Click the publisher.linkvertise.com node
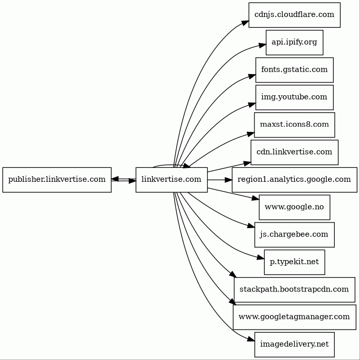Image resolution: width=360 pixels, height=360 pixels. [57, 180]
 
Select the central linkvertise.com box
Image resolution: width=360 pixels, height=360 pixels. [172, 180]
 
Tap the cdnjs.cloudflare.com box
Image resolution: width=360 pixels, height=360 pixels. [295, 15]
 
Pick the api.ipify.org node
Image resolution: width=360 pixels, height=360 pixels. [295, 42]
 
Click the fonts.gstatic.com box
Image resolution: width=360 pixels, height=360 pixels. [295, 70]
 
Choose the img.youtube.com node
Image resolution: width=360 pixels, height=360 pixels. [295, 97]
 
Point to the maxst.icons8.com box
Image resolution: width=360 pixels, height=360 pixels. [295, 125]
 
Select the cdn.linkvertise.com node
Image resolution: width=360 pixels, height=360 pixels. [295, 152]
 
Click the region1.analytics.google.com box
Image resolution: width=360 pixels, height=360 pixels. [295, 180]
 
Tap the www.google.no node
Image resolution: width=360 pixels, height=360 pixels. [295, 208]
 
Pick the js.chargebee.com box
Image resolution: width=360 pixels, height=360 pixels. [295, 235]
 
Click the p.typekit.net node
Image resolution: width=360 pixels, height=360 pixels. [295, 262]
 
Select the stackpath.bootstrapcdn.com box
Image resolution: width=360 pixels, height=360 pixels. [295, 290]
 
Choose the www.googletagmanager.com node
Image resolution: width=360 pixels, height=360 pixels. [295, 317]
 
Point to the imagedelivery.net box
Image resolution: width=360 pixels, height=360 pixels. [295, 345]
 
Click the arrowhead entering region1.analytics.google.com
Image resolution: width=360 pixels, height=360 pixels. [228, 180]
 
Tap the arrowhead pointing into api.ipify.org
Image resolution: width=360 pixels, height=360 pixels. [262, 45]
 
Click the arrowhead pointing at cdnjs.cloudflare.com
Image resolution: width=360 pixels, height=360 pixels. [246, 23]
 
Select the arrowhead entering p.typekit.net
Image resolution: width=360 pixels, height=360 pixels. [261, 258]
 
